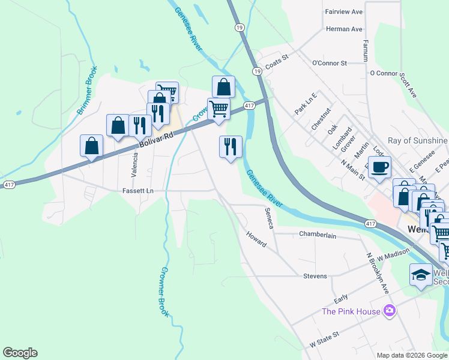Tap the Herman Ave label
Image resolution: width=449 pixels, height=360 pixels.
(344, 29)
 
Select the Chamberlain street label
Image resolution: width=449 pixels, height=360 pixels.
(318, 235)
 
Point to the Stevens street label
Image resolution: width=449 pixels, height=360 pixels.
(315, 276)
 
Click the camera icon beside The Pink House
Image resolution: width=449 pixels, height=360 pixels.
(390, 310)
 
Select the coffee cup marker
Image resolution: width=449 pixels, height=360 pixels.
(379, 167)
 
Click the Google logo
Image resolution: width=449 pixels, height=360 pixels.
(20, 353)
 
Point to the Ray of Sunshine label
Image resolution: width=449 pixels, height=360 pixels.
(418, 141)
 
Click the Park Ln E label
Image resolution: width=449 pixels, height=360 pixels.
(306, 103)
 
